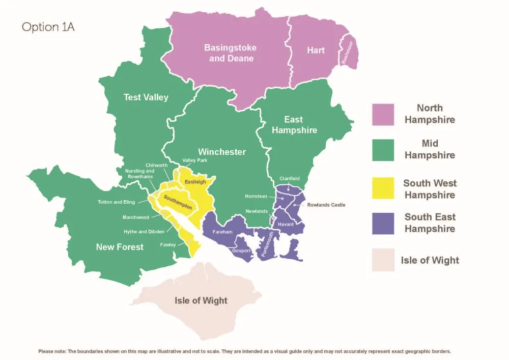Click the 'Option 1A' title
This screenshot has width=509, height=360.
(x=48, y=27)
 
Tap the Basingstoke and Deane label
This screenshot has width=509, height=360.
(x=230, y=53)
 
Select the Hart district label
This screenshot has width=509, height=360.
(x=316, y=50)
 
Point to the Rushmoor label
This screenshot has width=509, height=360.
(x=348, y=52)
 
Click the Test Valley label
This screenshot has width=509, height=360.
(x=146, y=97)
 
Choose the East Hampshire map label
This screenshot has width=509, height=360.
(x=294, y=125)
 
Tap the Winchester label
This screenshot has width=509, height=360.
(x=221, y=152)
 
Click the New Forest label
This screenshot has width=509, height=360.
(x=120, y=247)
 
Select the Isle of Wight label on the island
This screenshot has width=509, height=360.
(x=201, y=300)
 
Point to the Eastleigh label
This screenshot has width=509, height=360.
(x=195, y=182)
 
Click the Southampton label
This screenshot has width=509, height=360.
(x=178, y=202)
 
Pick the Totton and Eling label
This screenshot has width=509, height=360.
(x=117, y=202)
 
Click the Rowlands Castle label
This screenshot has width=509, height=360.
(x=326, y=205)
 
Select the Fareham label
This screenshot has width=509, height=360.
(x=222, y=232)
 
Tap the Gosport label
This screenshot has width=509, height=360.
(x=241, y=251)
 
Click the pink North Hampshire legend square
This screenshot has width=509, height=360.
(x=383, y=115)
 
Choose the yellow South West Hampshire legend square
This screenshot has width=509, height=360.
(x=383, y=188)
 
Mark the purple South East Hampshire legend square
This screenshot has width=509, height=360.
(x=383, y=223)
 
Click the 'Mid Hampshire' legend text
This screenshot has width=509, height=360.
(x=430, y=149)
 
